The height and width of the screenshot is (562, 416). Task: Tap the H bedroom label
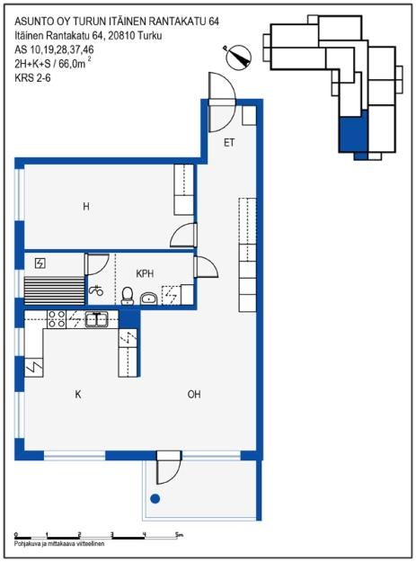click(86, 207)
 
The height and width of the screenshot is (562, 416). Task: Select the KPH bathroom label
click(145, 272)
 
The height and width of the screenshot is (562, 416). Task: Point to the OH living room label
click(194, 394)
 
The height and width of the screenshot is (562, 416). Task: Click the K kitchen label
click(78, 394)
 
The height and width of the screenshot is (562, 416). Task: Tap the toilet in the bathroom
click(128, 295)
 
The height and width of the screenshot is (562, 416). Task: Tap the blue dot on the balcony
click(155, 498)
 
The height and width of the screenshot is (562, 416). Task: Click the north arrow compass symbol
click(240, 57)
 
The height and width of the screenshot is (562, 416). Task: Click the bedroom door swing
click(183, 236)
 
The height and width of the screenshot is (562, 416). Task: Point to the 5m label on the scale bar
click(179, 536)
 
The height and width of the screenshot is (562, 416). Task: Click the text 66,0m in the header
click(75, 64)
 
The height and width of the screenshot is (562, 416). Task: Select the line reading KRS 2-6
click(35, 78)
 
